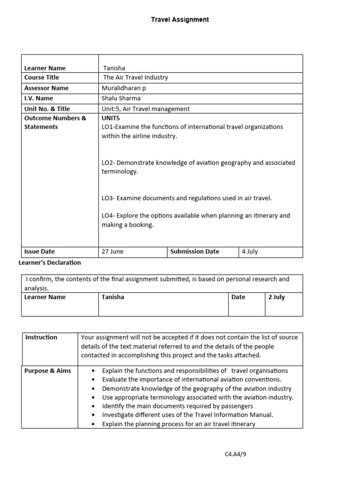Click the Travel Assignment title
(180, 20)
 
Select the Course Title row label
(42, 77)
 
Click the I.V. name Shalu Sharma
(121, 98)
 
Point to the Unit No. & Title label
(47, 109)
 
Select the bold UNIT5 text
(111, 118)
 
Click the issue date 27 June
(112, 251)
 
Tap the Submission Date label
(195, 251)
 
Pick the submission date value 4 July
(250, 251)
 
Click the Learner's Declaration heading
(50, 262)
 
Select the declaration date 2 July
(277, 297)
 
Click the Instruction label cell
(41, 337)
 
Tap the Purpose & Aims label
(48, 371)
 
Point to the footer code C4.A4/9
(235, 454)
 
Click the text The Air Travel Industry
(135, 77)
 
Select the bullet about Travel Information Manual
(187, 415)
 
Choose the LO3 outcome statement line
(187, 198)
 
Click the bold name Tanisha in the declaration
(113, 297)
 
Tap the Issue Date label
(39, 251)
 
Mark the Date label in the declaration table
(238, 297)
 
